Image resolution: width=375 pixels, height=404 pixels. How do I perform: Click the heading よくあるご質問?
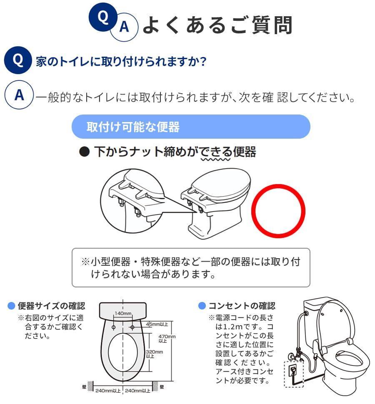point(217,25)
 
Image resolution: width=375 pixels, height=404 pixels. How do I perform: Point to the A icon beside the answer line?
point(19,95)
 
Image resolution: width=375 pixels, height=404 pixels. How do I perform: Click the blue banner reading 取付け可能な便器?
point(191,127)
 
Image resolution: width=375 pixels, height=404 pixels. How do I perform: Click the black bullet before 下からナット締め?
point(85,152)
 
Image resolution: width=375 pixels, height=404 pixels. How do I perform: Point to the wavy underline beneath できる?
point(215,159)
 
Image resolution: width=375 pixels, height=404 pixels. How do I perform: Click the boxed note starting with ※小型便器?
point(191,267)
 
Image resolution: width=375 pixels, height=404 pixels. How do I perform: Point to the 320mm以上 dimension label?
point(155,354)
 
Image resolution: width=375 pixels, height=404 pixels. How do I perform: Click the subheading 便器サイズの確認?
point(51,306)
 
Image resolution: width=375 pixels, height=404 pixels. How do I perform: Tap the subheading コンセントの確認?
point(242,306)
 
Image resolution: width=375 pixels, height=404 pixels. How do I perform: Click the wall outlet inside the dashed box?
point(292,369)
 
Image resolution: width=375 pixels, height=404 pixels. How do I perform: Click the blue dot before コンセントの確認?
point(202,306)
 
